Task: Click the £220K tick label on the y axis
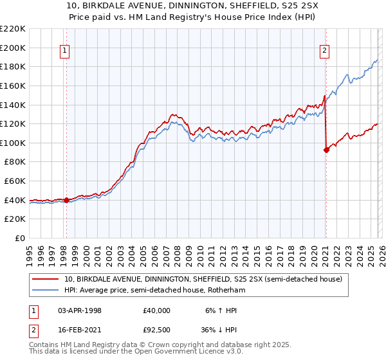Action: tap(13, 29)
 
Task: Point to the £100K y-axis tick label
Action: tap(13, 143)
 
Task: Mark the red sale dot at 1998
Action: tap(66, 200)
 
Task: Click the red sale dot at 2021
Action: tap(326, 150)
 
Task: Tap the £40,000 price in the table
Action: tap(157, 310)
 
